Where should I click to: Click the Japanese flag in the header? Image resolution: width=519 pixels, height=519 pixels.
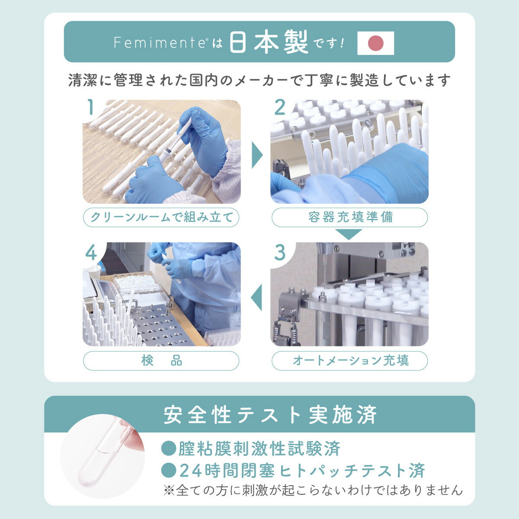pos(375,43)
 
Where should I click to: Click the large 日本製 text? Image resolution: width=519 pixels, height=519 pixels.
pos(269,42)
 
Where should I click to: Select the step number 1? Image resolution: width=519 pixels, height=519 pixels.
pos(90,107)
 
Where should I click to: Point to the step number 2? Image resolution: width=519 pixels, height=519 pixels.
pos(280,107)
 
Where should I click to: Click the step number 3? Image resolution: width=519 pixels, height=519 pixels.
pos(280,252)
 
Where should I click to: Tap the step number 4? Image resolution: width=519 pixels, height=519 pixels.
pos(91,252)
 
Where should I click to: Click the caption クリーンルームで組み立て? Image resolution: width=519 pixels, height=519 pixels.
pos(161,217)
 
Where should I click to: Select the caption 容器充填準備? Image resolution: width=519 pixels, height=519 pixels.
pos(349,217)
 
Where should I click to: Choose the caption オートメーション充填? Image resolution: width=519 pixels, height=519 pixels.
pos(349,361)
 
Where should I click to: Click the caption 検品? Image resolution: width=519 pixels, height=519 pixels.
pos(161,361)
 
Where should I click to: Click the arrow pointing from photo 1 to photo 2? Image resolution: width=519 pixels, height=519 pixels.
pos(256,154)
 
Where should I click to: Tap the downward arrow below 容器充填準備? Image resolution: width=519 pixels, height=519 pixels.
pos(349,234)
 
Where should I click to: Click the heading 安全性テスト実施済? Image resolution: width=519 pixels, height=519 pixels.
pos(270,415)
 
